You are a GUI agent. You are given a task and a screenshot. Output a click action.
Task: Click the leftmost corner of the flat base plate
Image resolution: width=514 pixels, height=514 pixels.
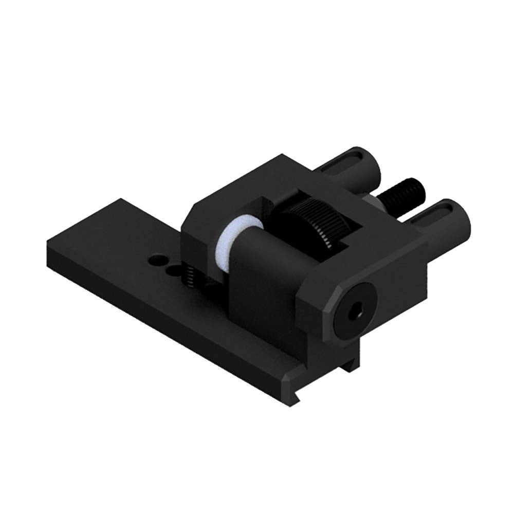tap(47, 242)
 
